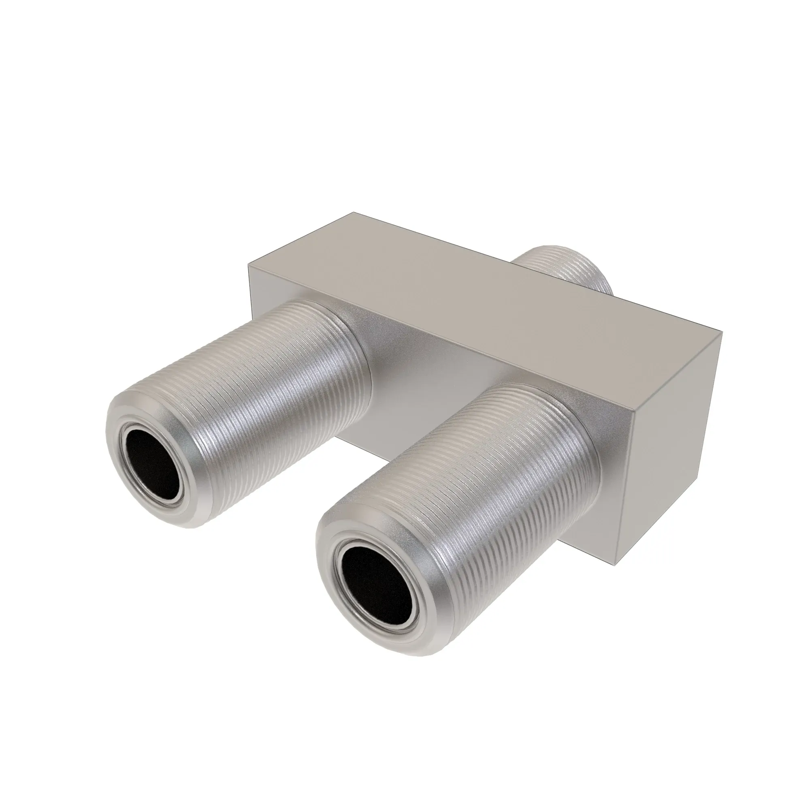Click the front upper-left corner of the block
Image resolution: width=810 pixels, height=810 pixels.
pyautogui.click(x=249, y=263)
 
